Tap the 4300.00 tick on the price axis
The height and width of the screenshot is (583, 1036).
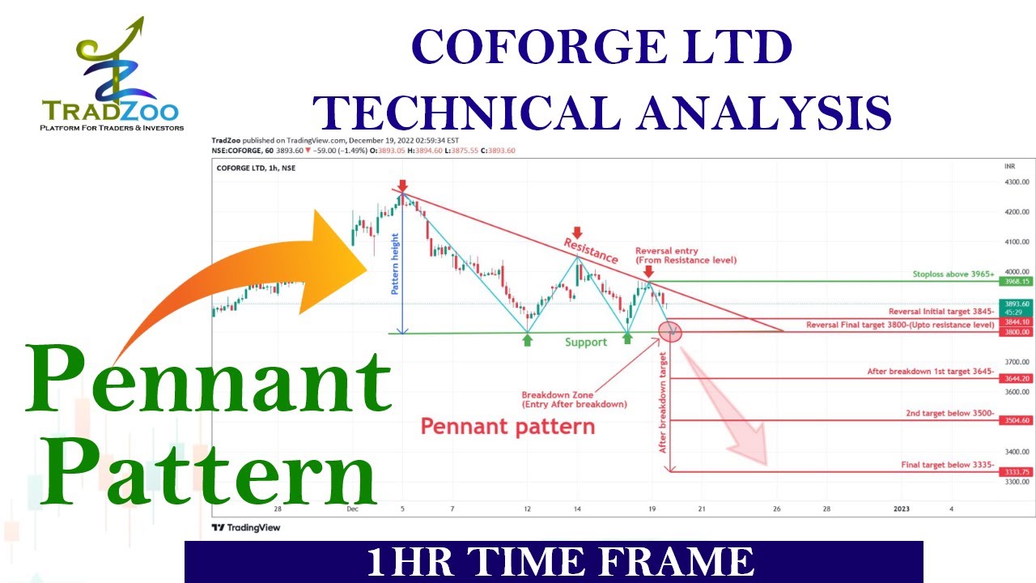(1016, 182)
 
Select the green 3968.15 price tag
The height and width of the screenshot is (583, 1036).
(1017, 281)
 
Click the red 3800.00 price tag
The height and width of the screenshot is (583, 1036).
(1017, 332)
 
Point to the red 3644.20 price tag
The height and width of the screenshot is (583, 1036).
(1017, 378)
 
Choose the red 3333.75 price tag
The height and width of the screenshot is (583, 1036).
(1017, 472)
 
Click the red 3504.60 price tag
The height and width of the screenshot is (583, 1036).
(1017, 420)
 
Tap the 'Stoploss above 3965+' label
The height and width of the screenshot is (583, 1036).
(953, 274)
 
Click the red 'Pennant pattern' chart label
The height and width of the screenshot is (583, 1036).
(507, 426)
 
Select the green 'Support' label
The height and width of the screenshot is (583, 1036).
(586, 343)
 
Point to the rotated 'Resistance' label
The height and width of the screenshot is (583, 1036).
(591, 250)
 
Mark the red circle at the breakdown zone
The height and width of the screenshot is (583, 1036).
(670, 330)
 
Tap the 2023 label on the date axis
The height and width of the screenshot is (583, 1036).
(901, 509)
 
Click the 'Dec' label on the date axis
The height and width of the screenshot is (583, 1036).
(352, 509)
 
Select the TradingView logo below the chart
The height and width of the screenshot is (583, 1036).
(246, 527)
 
